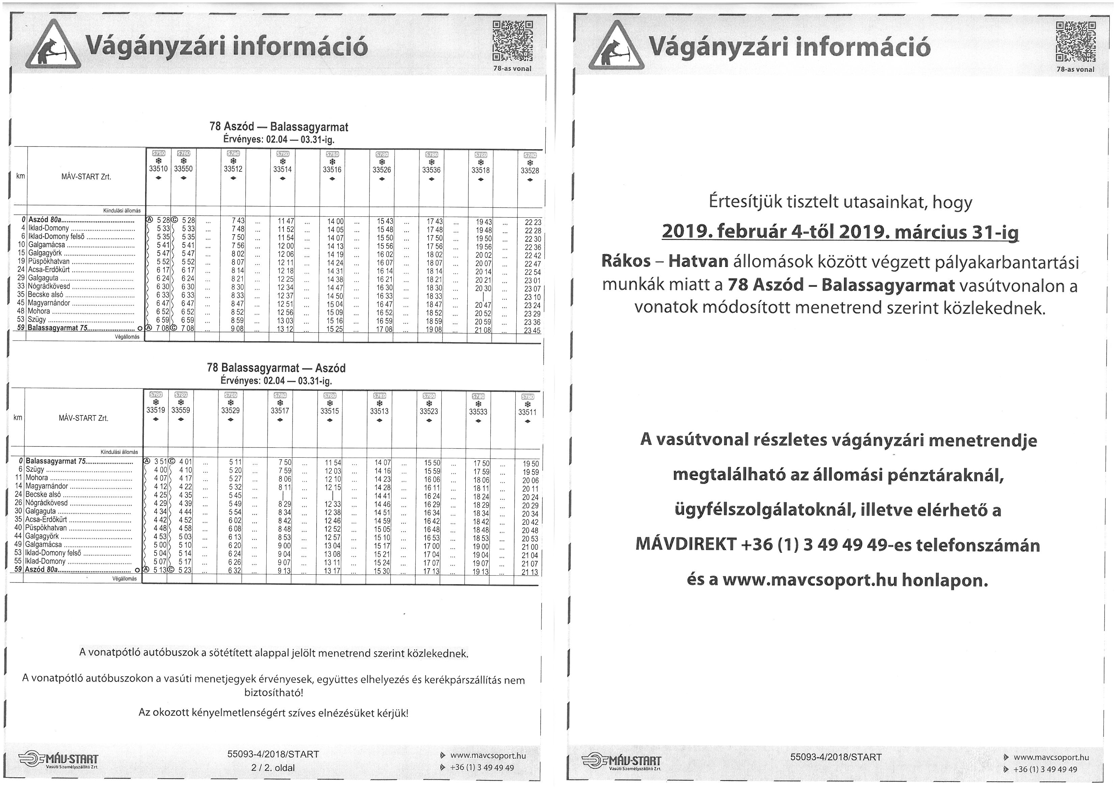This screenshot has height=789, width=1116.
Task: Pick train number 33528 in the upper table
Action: coord(530,171)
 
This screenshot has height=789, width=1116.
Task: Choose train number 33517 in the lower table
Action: coord(279,411)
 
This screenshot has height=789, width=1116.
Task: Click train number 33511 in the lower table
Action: coord(527,412)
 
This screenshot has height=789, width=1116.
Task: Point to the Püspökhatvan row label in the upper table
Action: coord(49,261)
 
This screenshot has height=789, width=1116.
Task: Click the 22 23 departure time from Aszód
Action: coord(533,222)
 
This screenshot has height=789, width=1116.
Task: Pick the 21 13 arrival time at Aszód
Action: coord(530,572)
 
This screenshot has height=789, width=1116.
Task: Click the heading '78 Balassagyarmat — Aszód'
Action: coord(276,368)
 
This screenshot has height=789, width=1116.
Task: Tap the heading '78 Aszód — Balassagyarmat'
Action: coord(278,127)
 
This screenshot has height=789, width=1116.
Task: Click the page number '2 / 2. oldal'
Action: coord(273,768)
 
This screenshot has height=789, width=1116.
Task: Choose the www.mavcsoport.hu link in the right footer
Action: coord(1051,757)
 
